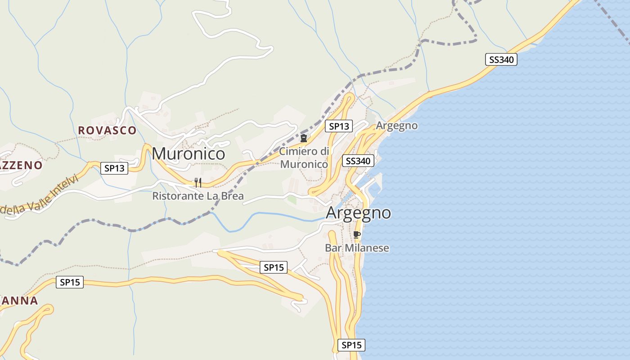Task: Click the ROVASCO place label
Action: coord(107,130)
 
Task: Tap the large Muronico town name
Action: coord(188,154)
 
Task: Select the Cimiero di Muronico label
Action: coord(304,157)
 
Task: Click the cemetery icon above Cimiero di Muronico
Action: coord(304,138)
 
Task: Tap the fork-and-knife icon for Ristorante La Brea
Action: coord(198,182)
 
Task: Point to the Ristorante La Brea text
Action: coord(198,196)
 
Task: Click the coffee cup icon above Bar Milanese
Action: coord(357,234)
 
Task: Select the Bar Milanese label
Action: coord(357,248)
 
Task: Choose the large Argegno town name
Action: coord(358,212)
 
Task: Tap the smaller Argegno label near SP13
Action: coord(396,126)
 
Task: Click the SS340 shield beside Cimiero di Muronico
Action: coord(358,161)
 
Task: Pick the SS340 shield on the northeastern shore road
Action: coord(501,59)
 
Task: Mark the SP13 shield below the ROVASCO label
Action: coord(114,168)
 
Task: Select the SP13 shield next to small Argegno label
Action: coord(339,126)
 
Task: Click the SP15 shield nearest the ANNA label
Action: coord(70,282)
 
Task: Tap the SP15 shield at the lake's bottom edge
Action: coord(351,345)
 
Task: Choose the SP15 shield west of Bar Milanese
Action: coord(274,267)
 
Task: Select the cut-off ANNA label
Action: coord(19,301)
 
